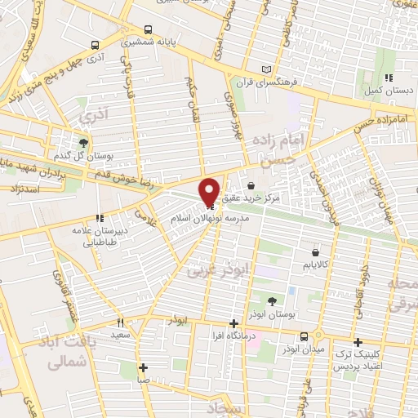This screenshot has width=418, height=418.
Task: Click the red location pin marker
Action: click(x=210, y=191)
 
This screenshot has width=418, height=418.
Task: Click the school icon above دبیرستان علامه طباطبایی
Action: click(x=99, y=218)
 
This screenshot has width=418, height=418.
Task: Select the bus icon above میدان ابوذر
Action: click(x=304, y=336)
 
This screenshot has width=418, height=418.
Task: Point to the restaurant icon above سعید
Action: click(x=120, y=322)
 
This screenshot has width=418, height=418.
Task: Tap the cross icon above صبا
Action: click(x=143, y=367)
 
